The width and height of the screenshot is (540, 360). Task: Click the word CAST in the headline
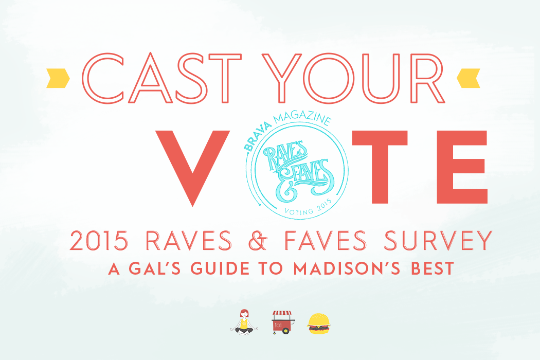[x=162, y=78]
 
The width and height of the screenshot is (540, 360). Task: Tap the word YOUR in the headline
[x=353, y=78]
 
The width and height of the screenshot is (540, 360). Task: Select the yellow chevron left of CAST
[x=58, y=78]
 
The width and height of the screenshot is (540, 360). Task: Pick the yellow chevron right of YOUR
[x=469, y=78]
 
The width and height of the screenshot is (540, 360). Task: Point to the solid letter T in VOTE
[x=380, y=167]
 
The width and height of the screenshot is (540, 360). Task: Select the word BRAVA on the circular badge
[x=257, y=137]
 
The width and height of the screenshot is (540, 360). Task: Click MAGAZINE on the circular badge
[x=302, y=118]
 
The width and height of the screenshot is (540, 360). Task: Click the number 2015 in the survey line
[x=99, y=241]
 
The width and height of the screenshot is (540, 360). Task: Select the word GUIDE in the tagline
[x=220, y=268]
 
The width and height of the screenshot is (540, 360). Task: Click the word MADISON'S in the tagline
[x=347, y=268]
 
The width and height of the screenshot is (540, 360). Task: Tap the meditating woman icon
[x=244, y=322]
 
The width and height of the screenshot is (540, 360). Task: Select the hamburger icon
[x=318, y=323]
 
